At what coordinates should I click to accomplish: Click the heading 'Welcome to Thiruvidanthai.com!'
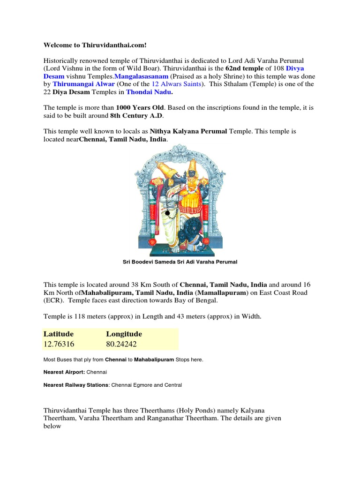pos(95,45)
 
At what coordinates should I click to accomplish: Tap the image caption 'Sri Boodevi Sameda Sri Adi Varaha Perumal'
pos(180,262)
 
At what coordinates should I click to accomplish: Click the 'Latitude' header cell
pos(59,334)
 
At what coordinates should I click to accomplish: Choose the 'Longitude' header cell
pos(124,334)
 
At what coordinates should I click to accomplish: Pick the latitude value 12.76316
pos(59,344)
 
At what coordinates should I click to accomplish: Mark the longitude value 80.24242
pos(121,344)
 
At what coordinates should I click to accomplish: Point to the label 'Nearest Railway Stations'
pos(75,385)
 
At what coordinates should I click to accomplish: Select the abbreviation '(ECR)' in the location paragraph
pos(52,300)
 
